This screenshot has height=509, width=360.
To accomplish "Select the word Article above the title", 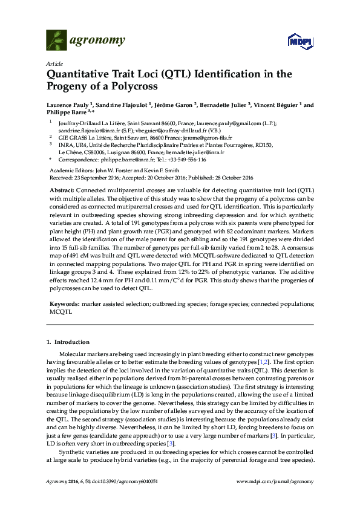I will click(x=53, y=63).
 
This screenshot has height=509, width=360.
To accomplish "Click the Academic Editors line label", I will click(x=69, y=171).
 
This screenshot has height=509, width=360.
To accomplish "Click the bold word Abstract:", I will click(x=62, y=190).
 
